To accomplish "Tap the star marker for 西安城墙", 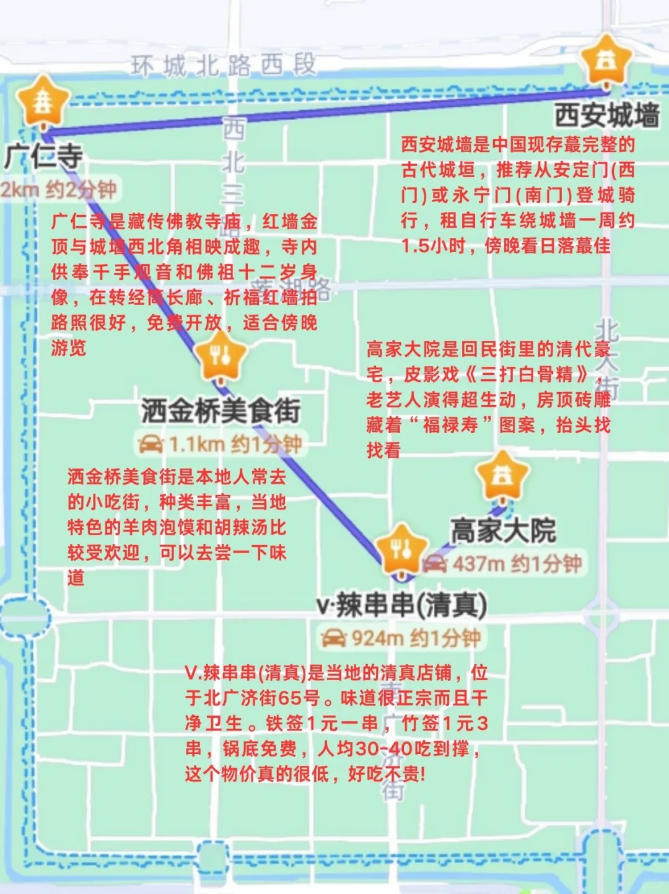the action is (x=605, y=61).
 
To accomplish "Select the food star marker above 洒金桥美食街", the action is (x=220, y=356).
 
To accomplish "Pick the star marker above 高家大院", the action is (x=502, y=476).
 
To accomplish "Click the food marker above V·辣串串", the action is (x=401, y=550).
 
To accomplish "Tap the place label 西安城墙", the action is (x=606, y=115).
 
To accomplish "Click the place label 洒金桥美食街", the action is (x=221, y=411).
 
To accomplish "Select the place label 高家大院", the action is (x=503, y=530).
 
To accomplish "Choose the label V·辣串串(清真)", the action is (x=401, y=605).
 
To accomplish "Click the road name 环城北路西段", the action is (x=223, y=65).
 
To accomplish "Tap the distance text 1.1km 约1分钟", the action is (x=235, y=444).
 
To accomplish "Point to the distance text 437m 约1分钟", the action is (x=517, y=564).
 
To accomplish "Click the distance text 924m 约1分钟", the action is (x=416, y=638).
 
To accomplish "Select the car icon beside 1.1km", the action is (x=151, y=444).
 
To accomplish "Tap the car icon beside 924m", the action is (x=333, y=638).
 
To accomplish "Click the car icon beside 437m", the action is (x=435, y=564).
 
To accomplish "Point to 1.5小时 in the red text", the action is (x=432, y=246).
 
